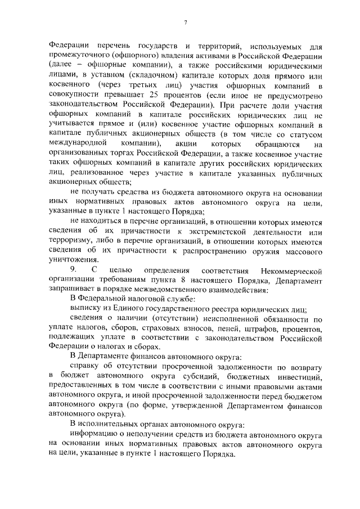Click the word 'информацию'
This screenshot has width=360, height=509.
coord(93,436)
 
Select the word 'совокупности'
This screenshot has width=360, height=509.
coord(71,94)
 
